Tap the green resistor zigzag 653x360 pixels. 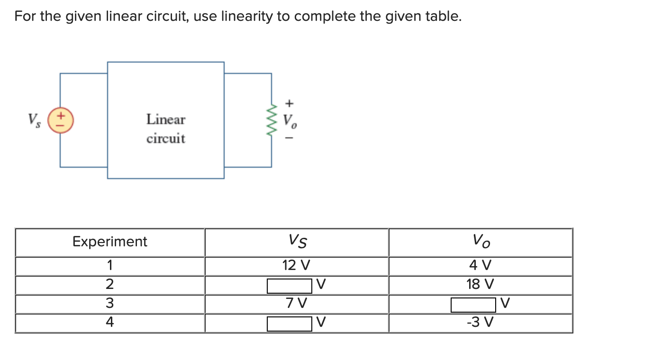272,120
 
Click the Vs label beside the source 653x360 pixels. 33,119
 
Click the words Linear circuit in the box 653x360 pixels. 165,128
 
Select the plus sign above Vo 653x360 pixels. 290,102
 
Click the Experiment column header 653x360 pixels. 109,242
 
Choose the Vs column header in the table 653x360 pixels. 297,242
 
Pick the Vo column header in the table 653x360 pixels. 481,242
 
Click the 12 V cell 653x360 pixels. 296,265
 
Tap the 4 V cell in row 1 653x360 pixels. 480,265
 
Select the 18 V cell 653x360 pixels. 480,284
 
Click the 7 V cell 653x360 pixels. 296,303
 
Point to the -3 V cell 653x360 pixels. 480,322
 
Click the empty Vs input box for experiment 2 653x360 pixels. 289,286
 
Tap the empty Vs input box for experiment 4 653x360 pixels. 289,324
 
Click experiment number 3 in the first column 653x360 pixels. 109,303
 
